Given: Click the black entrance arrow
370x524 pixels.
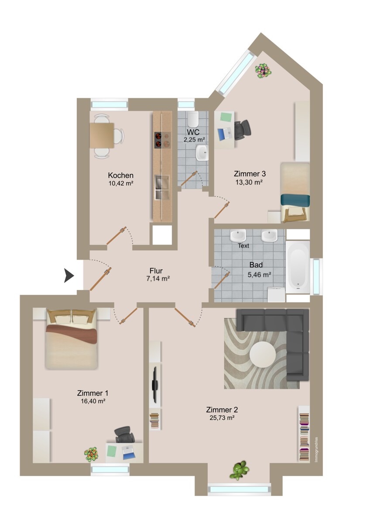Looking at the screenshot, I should [69, 276].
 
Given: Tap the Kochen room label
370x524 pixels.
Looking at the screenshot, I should [120, 175].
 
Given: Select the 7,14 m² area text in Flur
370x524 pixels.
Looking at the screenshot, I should [158, 278].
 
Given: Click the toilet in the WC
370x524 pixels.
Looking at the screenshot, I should [193, 119].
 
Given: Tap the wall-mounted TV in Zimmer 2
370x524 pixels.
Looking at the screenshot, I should [154, 384].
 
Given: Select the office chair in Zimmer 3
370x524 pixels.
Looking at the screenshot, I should [243, 129].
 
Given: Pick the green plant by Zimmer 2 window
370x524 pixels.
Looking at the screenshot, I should [240, 470].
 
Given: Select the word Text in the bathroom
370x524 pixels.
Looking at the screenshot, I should [243, 246].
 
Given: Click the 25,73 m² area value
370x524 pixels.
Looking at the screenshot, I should [222, 418].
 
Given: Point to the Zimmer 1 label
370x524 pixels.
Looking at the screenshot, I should [92, 393].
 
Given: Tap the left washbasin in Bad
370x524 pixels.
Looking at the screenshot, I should [238, 235].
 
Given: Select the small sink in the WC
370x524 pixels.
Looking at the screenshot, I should [202, 152].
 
